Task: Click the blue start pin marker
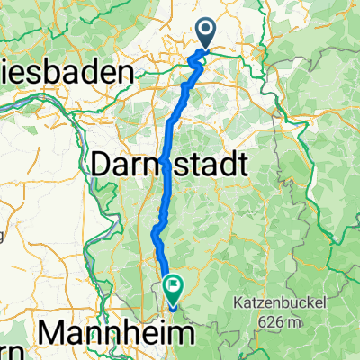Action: coord(206,34)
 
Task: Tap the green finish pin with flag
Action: coord(170,287)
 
